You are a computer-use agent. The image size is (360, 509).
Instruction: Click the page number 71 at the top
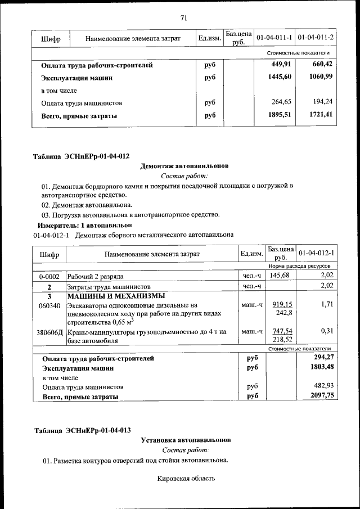pyautogui.click(x=183, y=17)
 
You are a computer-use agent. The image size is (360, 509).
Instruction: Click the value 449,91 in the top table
pyautogui.click(x=281, y=65)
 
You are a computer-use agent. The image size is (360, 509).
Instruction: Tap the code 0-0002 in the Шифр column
pyautogui.click(x=49, y=276)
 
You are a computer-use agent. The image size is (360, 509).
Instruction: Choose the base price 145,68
pyautogui.click(x=280, y=275)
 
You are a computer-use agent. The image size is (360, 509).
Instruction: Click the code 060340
pyautogui.click(x=49, y=305)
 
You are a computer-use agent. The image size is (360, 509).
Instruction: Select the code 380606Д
pyautogui.click(x=49, y=332)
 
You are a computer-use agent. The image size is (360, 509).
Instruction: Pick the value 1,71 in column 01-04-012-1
pyautogui.click(x=327, y=304)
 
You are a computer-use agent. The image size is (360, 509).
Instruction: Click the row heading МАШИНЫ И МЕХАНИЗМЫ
pyautogui.click(x=116, y=296)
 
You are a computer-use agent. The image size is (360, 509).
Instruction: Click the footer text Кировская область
pyautogui.click(x=186, y=479)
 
